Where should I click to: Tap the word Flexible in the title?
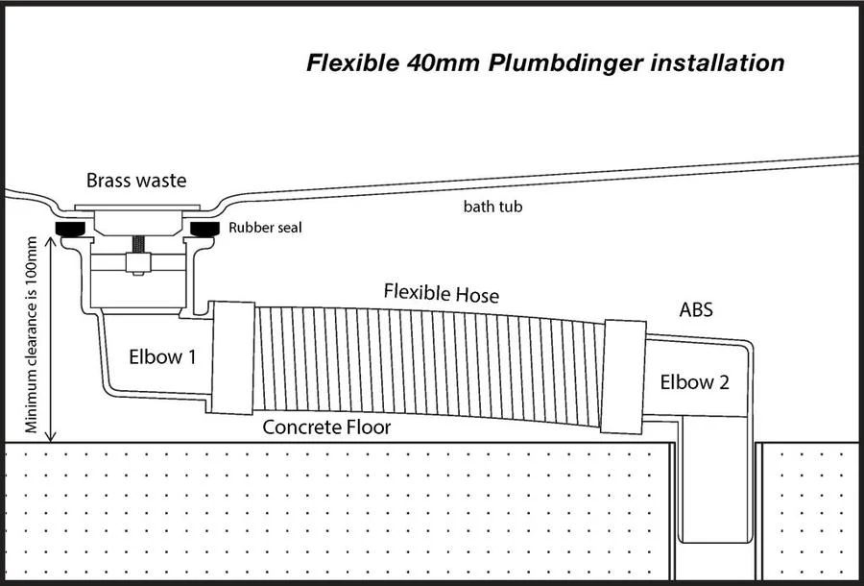(351, 62)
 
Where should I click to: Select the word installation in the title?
(717, 62)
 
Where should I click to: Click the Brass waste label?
(136, 181)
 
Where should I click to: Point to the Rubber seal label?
(265, 227)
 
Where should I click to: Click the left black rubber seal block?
(70, 229)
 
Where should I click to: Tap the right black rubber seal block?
(205, 229)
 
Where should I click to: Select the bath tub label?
(492, 207)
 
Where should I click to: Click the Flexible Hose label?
(442, 293)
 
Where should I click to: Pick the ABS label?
(696, 310)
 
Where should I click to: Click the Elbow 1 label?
(162, 356)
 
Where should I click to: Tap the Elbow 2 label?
(694, 382)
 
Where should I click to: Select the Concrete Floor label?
(326, 427)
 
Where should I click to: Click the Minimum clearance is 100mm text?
(32, 335)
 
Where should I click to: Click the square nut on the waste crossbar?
(137, 263)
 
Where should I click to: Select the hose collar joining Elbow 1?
(233, 357)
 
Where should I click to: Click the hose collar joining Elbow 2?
(624, 377)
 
